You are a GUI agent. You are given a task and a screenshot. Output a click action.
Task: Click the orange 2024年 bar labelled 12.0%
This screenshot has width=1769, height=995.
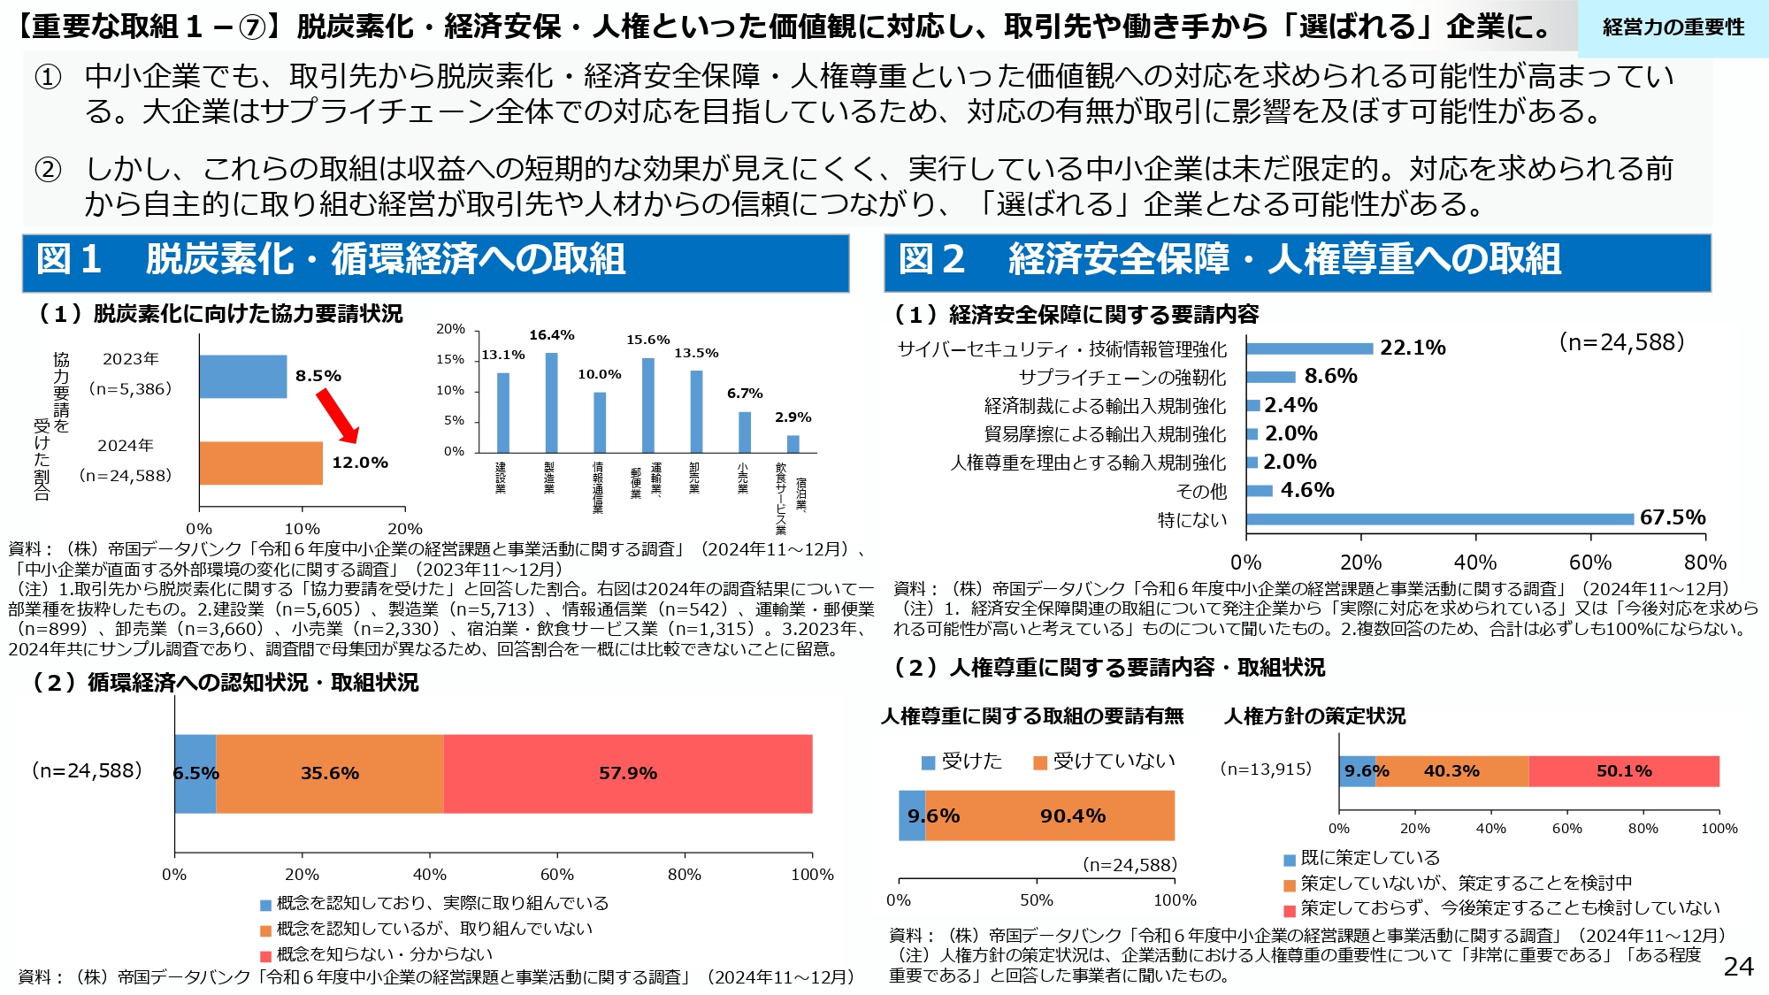tap(261, 463)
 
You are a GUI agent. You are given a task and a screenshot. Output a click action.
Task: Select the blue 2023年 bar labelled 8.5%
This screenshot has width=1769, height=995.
tap(242, 376)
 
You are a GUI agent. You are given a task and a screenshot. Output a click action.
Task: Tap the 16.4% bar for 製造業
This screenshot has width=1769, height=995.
tap(551, 402)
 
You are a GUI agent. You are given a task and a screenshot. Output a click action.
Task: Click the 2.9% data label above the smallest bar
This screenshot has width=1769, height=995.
tap(793, 417)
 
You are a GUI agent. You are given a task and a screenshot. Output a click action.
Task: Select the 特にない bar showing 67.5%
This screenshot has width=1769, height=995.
tap(1439, 519)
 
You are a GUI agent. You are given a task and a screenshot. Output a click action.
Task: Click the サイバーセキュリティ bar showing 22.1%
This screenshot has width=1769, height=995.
tap(1309, 348)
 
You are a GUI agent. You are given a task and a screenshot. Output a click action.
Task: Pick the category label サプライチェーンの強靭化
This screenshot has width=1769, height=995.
tap(1122, 378)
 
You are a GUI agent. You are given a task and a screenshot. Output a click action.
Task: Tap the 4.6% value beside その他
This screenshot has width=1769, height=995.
tap(1307, 490)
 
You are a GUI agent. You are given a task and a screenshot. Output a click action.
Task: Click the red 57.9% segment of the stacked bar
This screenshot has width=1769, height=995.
tap(628, 773)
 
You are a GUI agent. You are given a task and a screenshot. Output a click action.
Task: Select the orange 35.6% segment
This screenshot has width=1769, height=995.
tap(330, 773)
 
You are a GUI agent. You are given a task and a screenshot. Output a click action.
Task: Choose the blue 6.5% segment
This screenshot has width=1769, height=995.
tap(195, 773)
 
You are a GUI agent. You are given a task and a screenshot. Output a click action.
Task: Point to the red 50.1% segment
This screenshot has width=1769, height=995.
tap(1624, 771)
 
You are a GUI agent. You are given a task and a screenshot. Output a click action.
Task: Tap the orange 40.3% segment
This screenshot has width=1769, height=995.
tap(1451, 771)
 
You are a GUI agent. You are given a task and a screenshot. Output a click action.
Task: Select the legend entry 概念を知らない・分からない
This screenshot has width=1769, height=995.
tap(384, 954)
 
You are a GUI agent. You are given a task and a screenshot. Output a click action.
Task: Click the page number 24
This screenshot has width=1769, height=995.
tap(1738, 967)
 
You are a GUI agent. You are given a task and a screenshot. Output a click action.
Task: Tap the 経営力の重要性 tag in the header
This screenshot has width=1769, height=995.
tap(1673, 27)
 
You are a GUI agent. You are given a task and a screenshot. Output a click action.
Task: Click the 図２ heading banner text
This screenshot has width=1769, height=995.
tap(1229, 260)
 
